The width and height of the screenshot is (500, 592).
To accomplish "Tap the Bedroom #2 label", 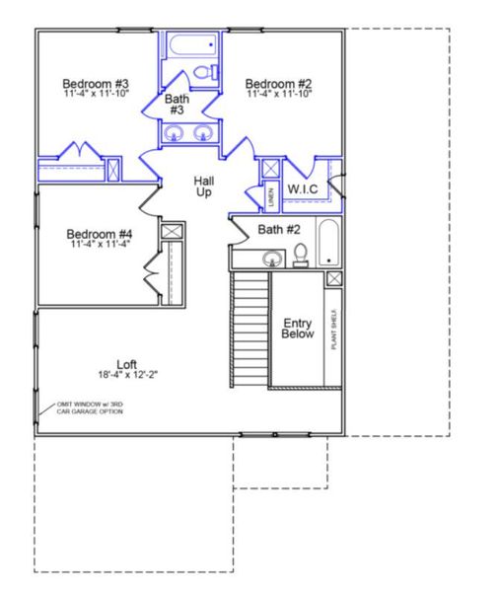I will coord(278,84).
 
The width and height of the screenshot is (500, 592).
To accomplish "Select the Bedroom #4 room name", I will coord(100,235).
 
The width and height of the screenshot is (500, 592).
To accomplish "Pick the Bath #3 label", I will coord(177,105).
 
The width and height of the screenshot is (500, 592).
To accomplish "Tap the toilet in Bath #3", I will coord(203,72).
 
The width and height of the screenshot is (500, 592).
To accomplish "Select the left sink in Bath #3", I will coord(174,135).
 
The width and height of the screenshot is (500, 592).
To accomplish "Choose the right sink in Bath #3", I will coord(203,135).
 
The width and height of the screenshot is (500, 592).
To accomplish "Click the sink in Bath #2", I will coord(270,259).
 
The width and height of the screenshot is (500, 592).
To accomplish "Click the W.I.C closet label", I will coord(302,188).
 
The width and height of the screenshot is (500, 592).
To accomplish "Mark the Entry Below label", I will coord(298,329).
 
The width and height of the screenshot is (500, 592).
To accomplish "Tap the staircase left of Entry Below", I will coord(250,331).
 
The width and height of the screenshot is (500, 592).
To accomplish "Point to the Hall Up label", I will coord(203,186).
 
